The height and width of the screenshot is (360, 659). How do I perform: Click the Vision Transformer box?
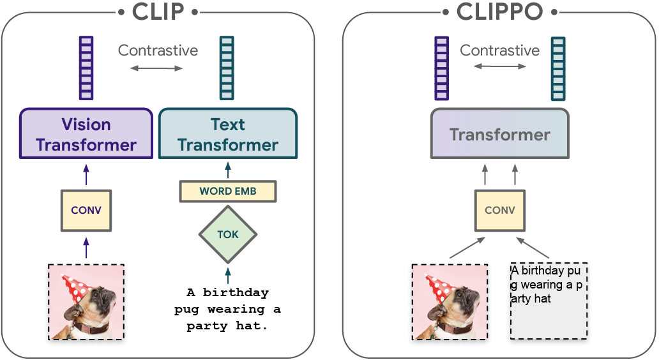[86, 133]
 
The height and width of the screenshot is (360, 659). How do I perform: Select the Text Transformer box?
[228, 133]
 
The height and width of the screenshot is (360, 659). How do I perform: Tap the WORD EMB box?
[228, 191]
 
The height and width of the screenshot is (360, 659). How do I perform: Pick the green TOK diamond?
[228, 234]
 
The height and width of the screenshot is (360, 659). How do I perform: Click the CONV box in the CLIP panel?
[86, 211]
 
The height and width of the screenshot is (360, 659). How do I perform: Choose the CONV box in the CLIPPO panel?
[500, 211]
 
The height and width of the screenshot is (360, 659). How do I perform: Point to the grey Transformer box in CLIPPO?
[500, 133]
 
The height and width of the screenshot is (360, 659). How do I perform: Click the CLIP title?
[158, 11]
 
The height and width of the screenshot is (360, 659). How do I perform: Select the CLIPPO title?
[500, 11]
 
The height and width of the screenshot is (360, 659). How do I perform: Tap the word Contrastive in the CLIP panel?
[158, 50]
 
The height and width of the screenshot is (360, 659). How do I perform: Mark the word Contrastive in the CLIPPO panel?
[500, 50]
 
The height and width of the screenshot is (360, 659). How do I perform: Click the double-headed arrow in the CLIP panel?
[156, 68]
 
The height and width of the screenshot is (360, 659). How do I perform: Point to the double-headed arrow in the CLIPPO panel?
[500, 66]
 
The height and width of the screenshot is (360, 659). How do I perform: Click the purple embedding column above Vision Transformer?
[86, 68]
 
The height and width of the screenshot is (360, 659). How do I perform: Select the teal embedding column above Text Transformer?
[227, 68]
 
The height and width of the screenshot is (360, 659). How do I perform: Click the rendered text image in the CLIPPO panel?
[549, 301]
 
